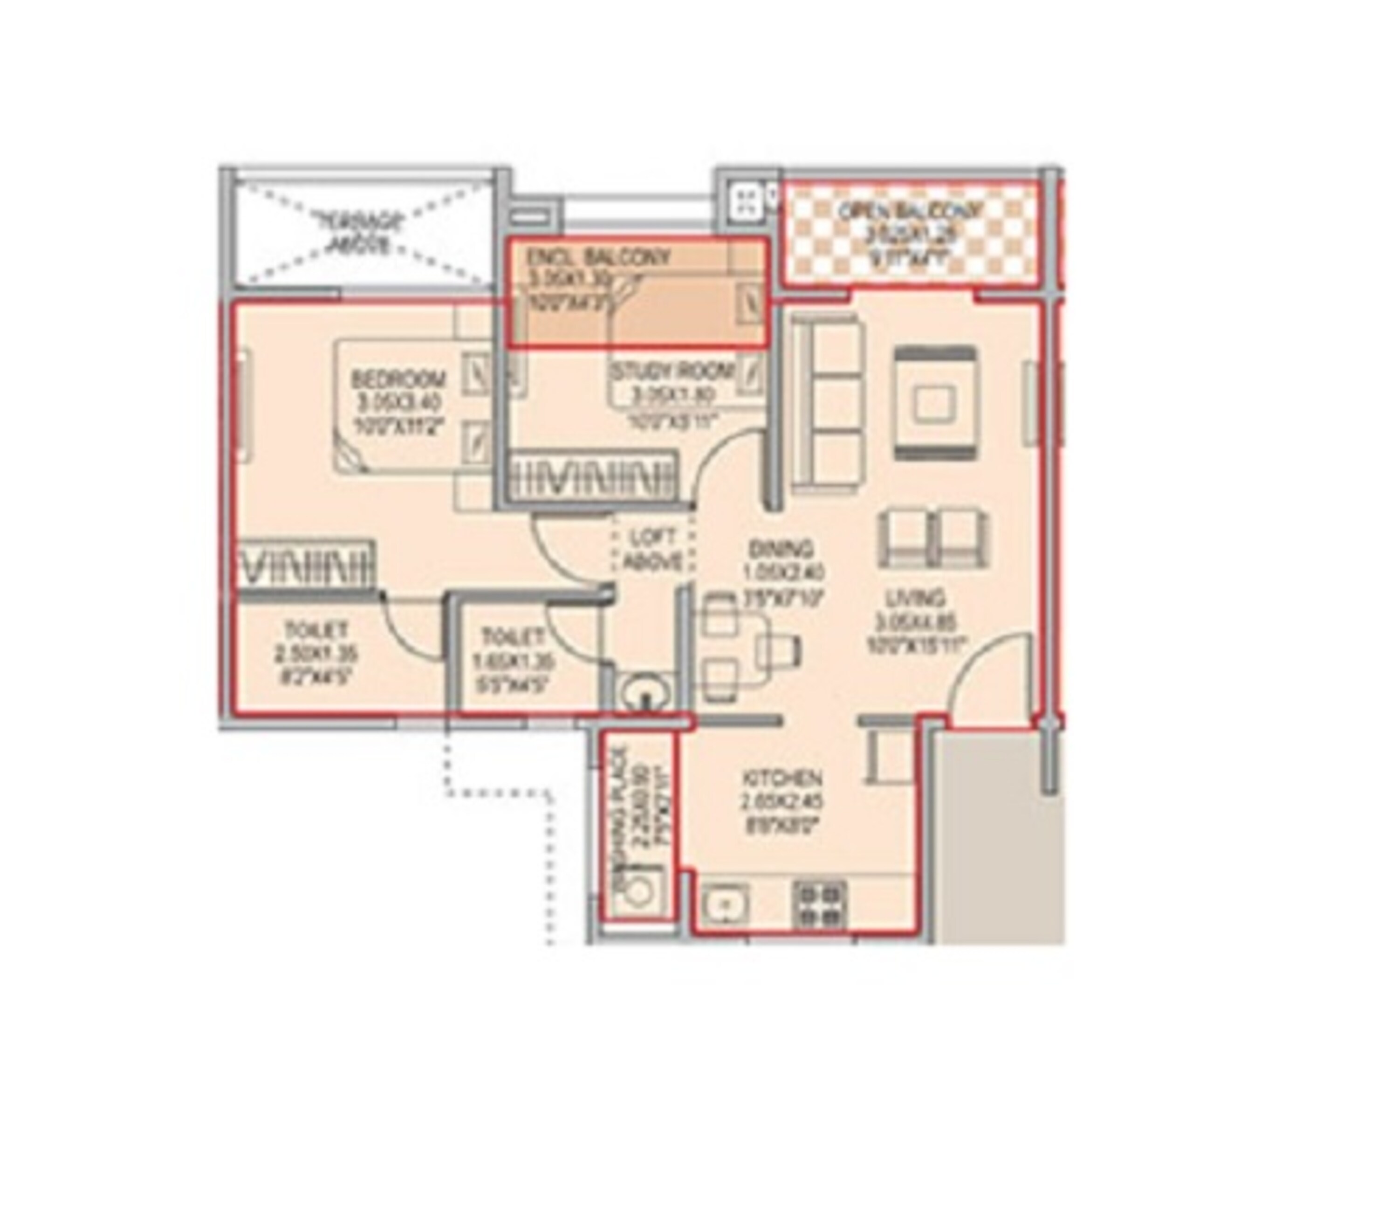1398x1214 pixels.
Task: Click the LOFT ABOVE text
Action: tap(652, 549)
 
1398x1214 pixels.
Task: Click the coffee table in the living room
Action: tap(935, 405)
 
